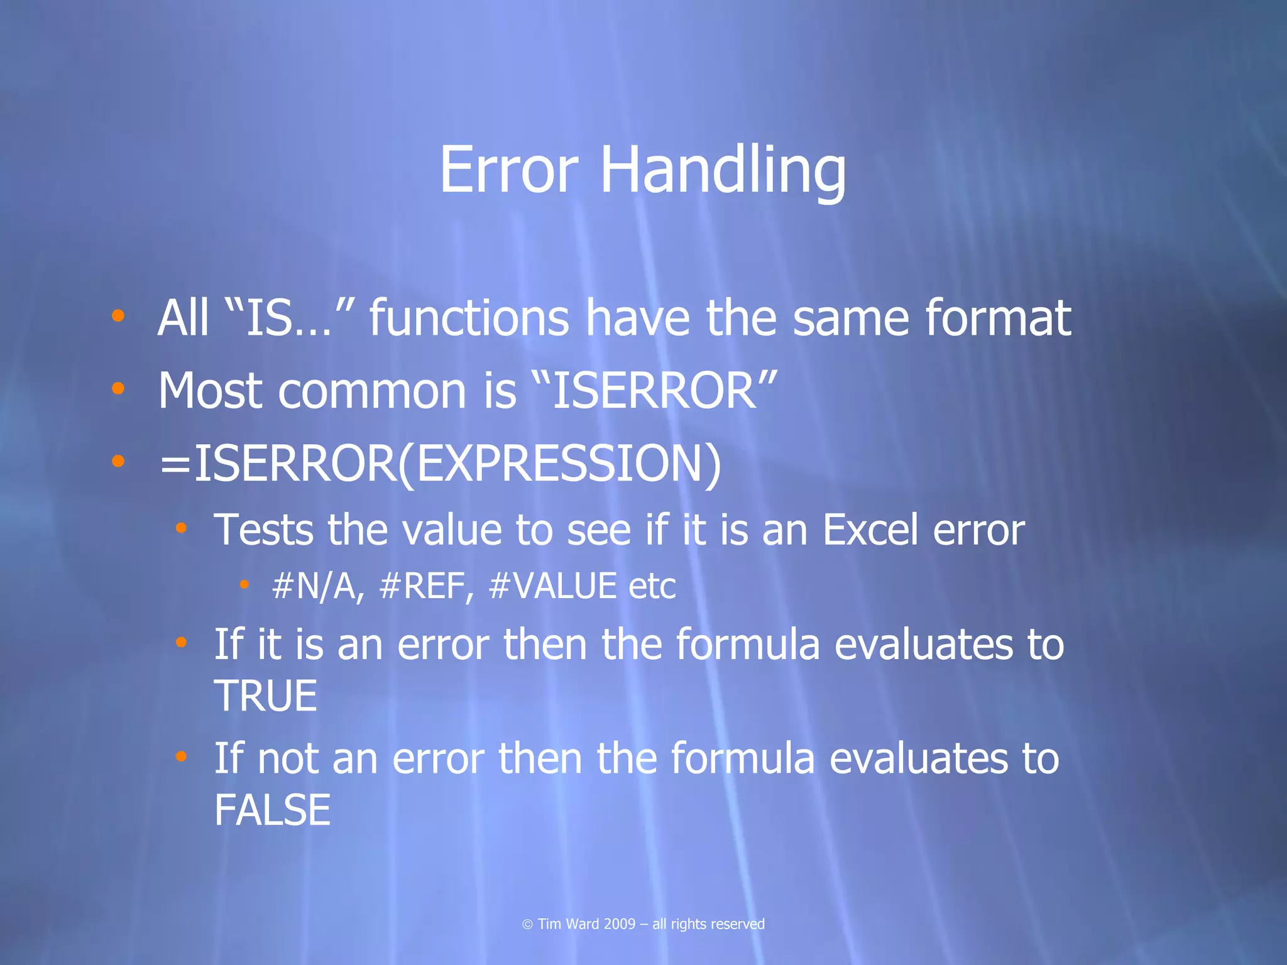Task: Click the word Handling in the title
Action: (723, 170)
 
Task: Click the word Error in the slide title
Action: (508, 170)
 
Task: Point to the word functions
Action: (469, 318)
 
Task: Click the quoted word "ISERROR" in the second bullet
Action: (654, 391)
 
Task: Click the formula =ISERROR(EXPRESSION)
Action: (440, 464)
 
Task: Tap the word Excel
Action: (870, 530)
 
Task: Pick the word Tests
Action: (263, 530)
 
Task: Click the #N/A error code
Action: (317, 587)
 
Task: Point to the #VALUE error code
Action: (552, 587)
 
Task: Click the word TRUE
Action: (266, 696)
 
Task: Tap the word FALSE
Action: (272, 810)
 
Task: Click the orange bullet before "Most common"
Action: (118, 389)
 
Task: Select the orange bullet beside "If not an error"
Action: (181, 756)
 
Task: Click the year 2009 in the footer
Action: (620, 924)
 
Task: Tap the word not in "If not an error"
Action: (287, 758)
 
